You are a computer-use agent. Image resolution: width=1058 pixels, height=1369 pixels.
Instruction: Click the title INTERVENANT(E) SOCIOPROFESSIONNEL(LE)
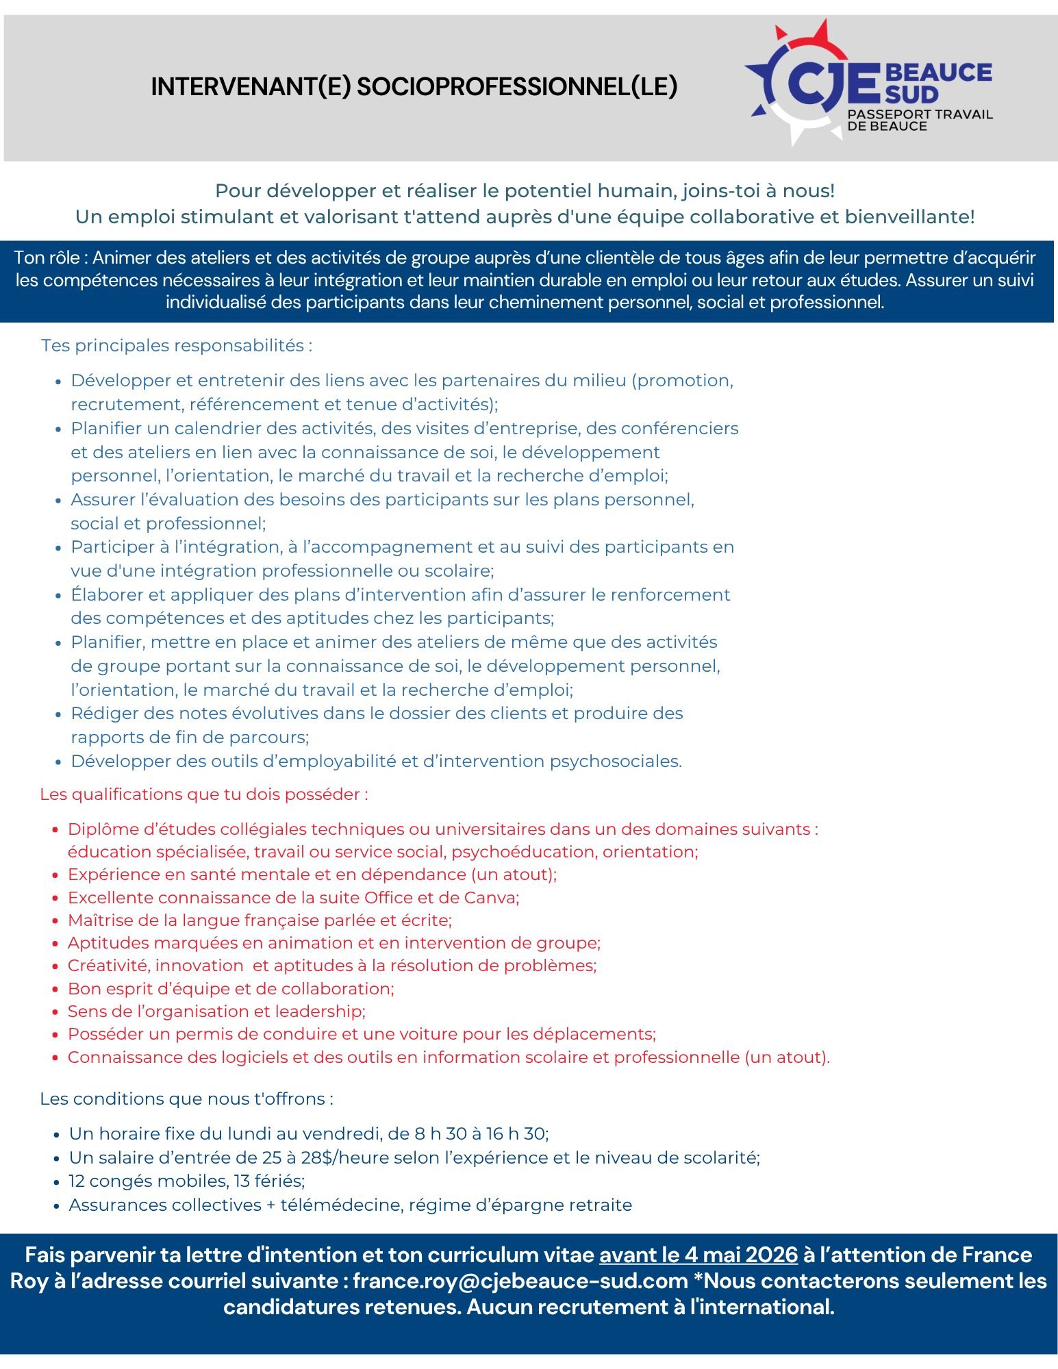pos(414,87)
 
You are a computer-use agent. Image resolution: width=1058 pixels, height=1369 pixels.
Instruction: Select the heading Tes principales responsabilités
pos(176,345)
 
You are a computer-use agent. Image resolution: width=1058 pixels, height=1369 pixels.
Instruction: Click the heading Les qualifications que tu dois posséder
pos(203,794)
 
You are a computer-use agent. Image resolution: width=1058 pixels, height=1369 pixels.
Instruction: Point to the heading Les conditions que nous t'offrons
pos(186,1098)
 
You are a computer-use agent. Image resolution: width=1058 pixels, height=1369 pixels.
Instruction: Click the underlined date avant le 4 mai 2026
pos(698,1255)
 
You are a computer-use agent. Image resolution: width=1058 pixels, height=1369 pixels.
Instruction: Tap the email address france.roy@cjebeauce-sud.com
pos(520,1281)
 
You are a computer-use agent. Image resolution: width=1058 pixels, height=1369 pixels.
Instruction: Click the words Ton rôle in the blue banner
pos(47,258)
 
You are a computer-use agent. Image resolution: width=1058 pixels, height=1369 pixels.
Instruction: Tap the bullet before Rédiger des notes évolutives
pos(58,714)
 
